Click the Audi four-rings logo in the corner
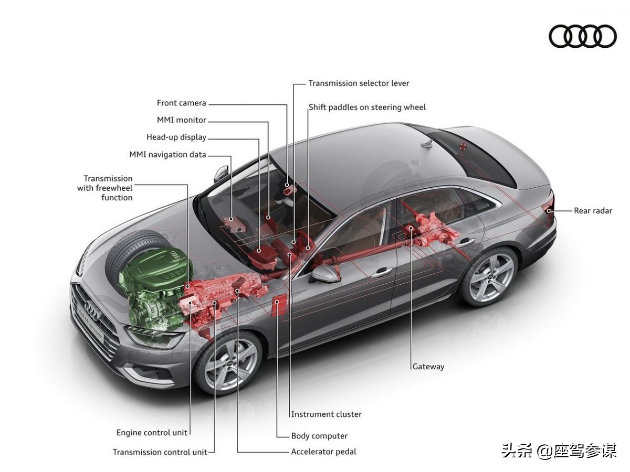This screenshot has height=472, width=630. [583, 36]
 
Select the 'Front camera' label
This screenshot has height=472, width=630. [181, 103]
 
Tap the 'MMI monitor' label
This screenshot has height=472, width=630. [181, 120]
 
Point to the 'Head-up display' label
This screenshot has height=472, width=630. [176, 137]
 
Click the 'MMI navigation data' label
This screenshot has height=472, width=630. [167, 155]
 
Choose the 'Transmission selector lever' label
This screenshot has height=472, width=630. [359, 83]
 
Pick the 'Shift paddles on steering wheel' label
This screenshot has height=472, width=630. [367, 108]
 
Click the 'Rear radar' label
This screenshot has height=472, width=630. [593, 211]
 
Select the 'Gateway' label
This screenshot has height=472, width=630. [428, 367]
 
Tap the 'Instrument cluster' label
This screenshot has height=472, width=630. [326, 414]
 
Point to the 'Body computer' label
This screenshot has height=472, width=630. [319, 436]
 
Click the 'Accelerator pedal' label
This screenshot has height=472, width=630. [323, 452]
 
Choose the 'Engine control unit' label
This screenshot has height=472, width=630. [152, 433]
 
